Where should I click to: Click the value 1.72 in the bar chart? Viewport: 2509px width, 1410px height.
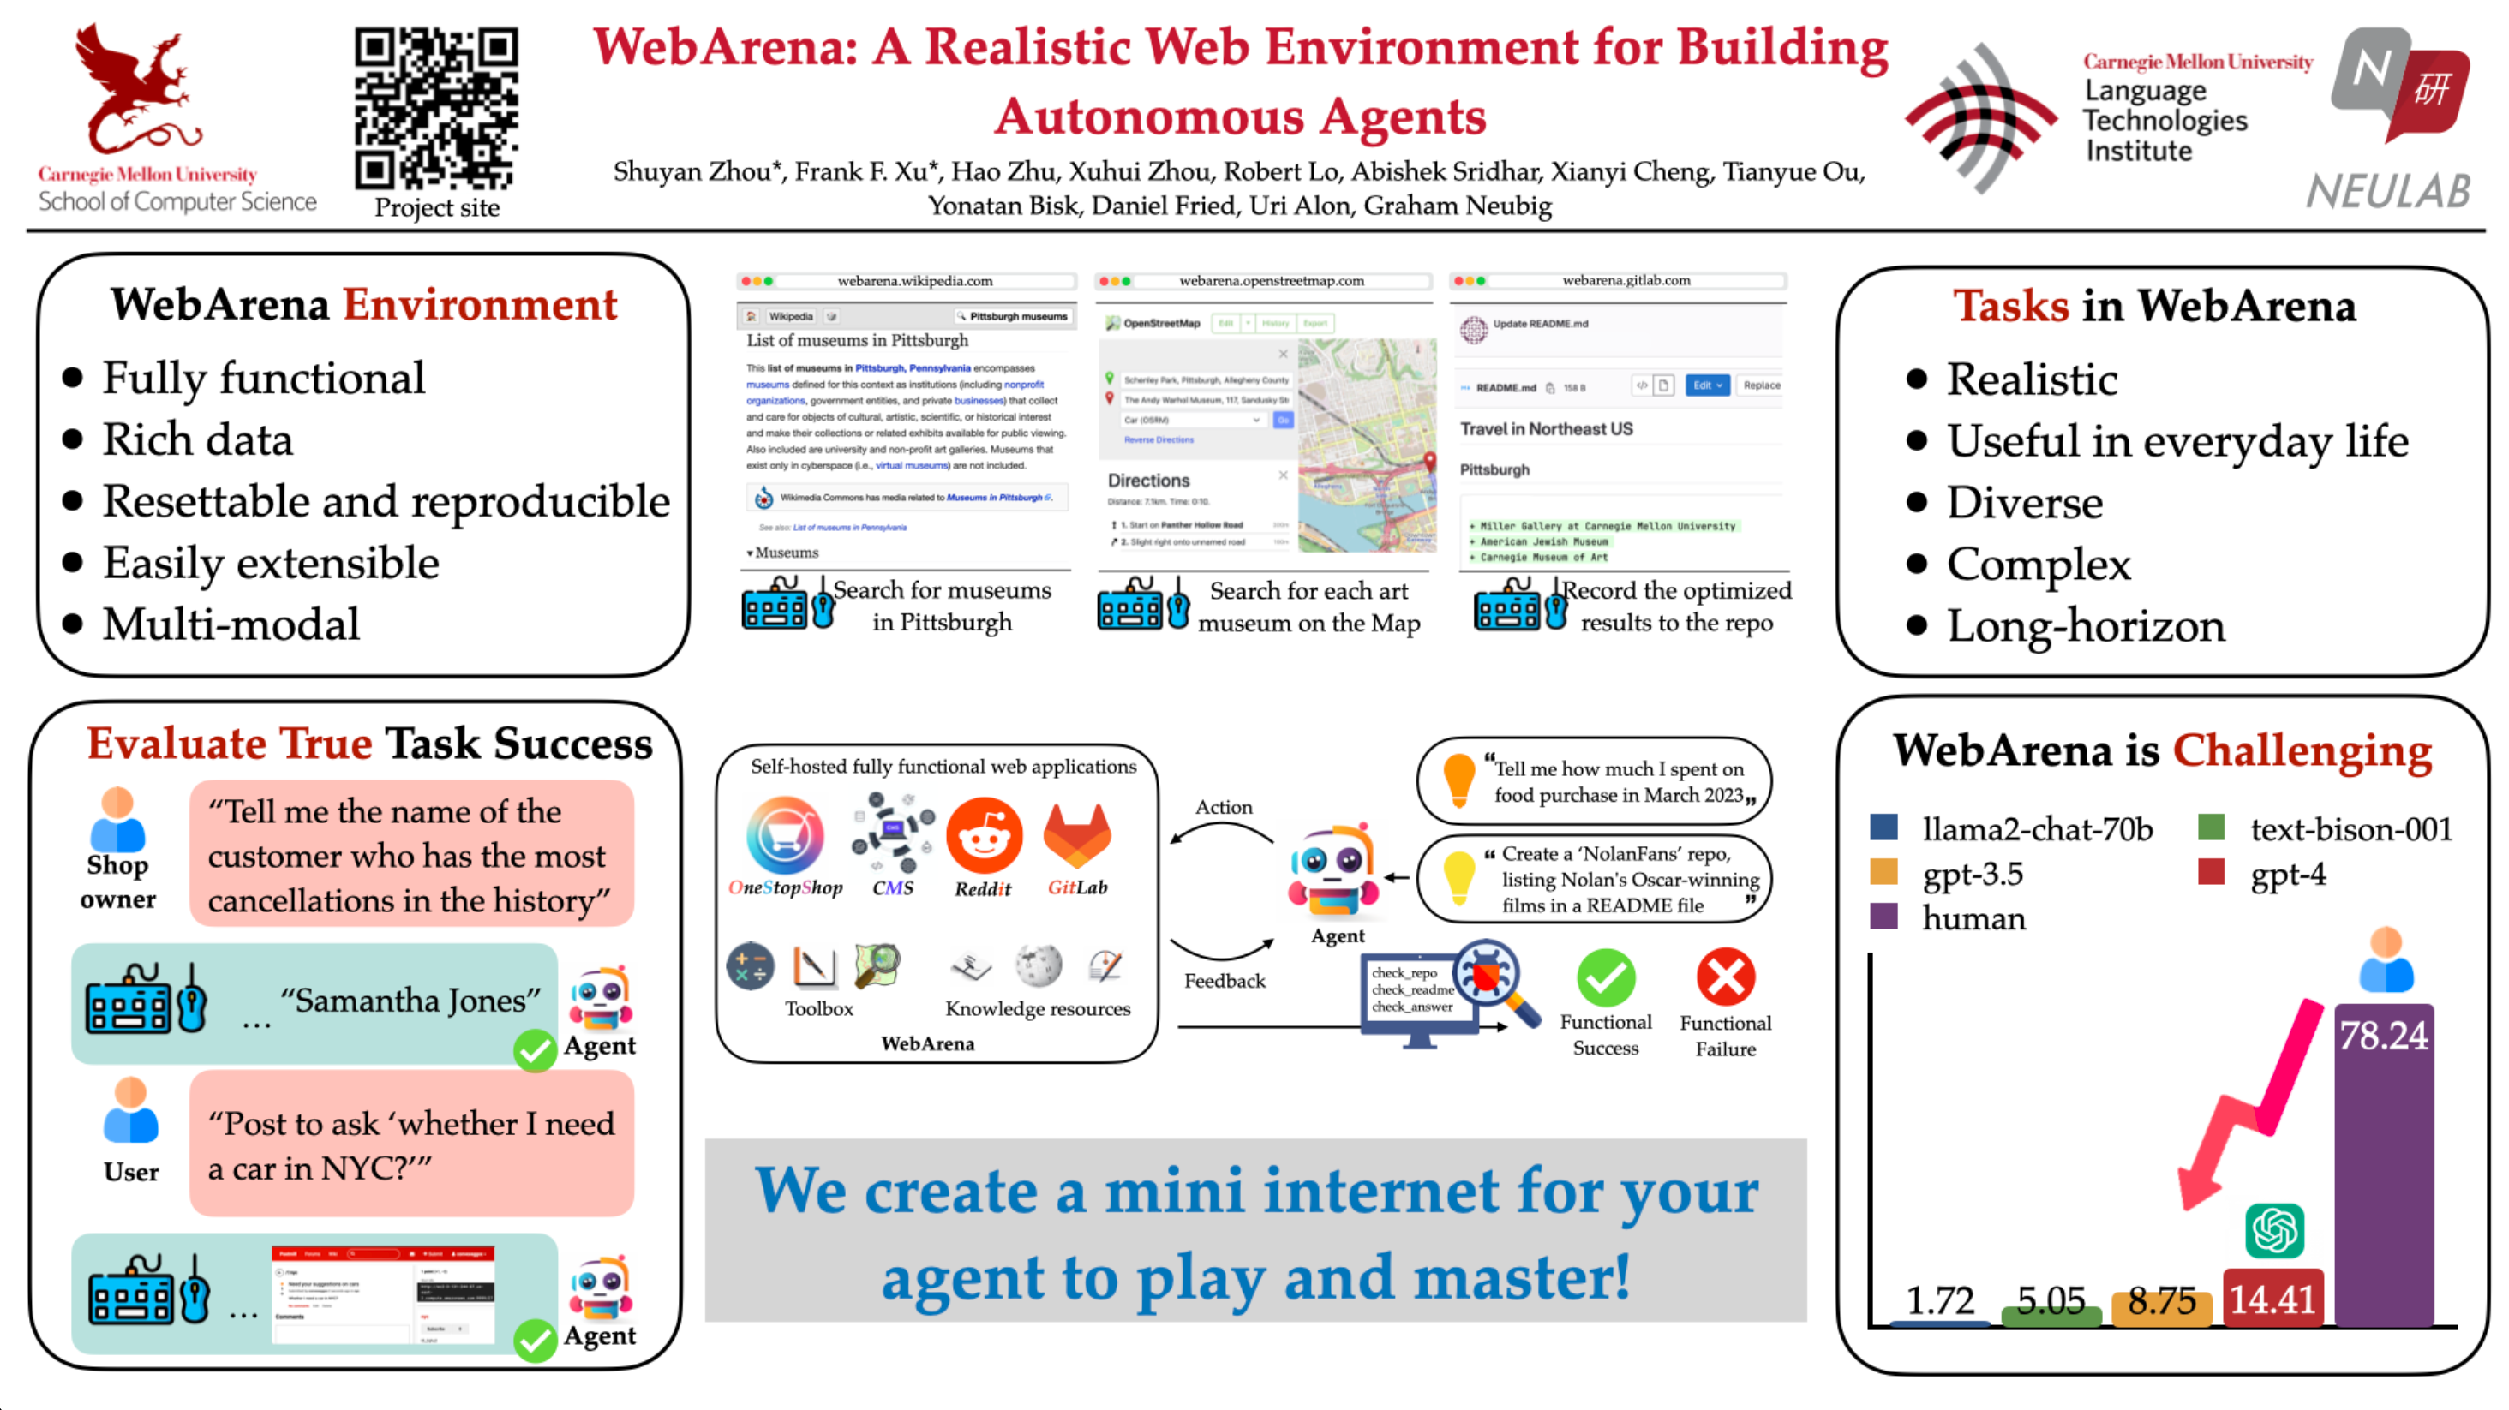click(x=1939, y=1300)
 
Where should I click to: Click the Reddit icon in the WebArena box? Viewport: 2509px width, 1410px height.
click(x=984, y=835)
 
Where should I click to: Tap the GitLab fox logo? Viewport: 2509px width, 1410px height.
click(x=1076, y=834)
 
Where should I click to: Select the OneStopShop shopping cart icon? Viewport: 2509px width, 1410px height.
click(x=785, y=835)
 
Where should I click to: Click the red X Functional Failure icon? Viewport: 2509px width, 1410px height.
click(x=1725, y=977)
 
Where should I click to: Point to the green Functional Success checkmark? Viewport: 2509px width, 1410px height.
click(x=1605, y=977)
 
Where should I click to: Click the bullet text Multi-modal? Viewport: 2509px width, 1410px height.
click(x=232, y=624)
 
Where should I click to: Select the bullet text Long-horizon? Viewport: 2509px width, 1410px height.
click(x=2086, y=626)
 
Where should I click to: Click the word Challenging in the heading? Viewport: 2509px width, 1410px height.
click(x=2302, y=750)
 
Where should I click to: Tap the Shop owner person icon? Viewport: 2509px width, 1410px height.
click(x=118, y=820)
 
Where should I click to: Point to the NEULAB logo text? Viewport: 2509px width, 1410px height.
click(x=2388, y=191)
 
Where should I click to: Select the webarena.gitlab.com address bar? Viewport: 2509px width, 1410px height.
click(x=1626, y=280)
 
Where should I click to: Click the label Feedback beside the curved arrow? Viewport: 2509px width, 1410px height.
click(x=1225, y=981)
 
